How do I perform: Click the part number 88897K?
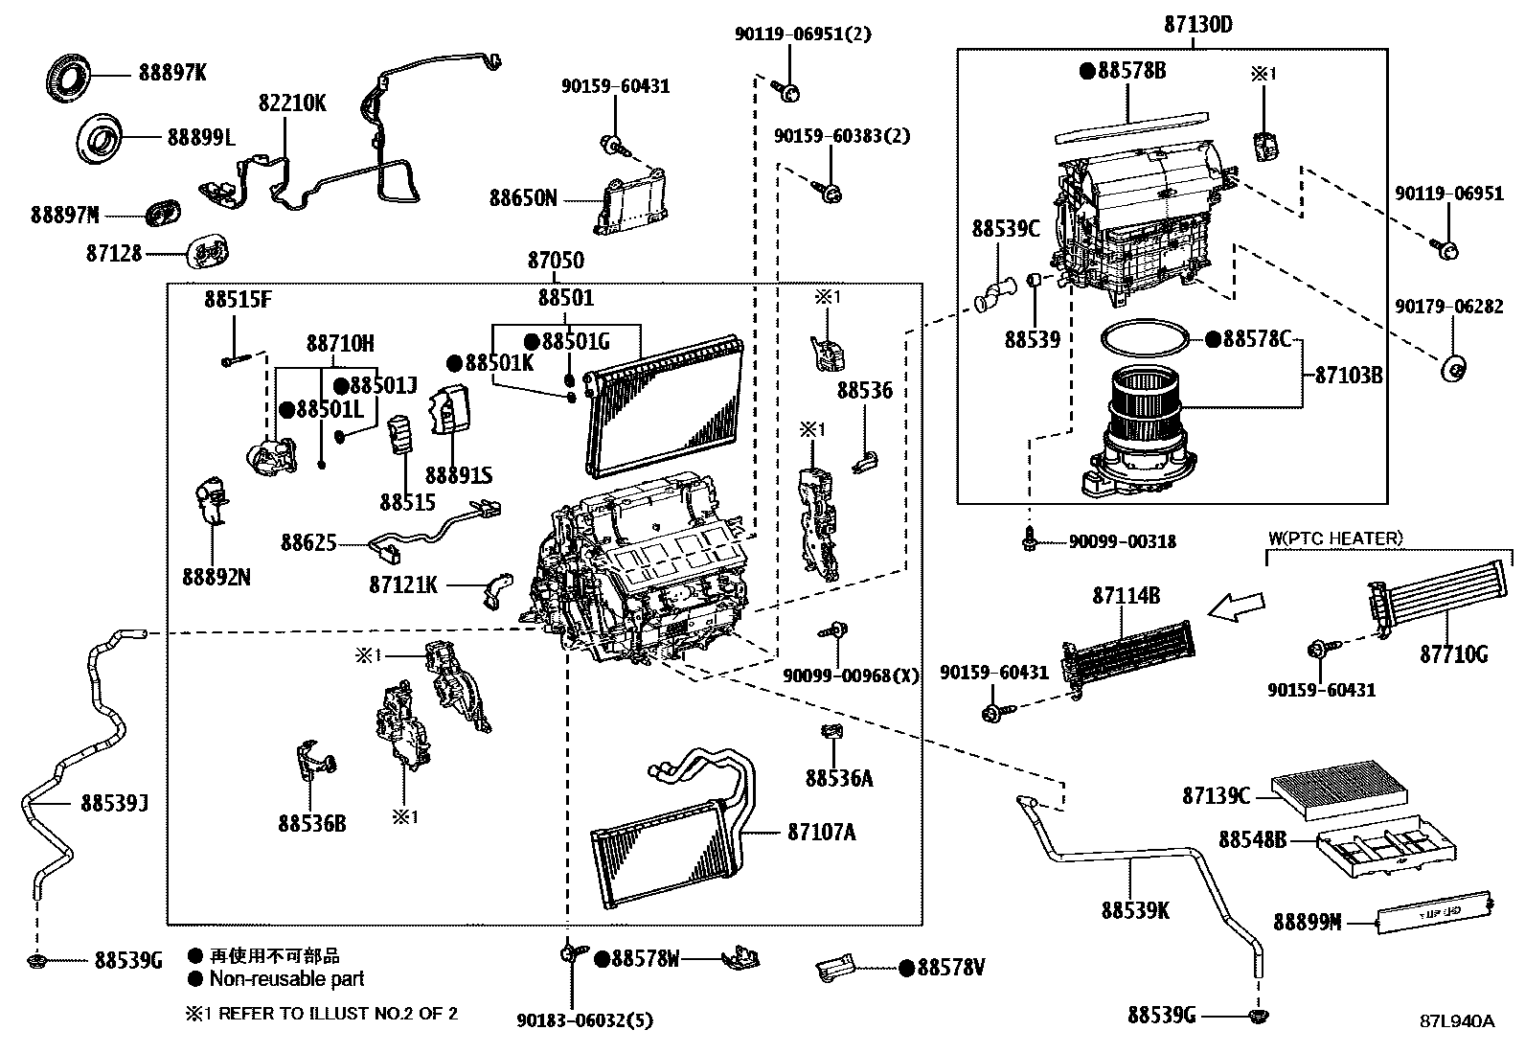172,74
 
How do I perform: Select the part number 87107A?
822,833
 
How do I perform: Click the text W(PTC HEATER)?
1335,538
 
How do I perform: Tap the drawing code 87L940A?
1456,1020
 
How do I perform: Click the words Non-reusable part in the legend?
286,979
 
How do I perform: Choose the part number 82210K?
291,103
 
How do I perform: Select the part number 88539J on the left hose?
114,803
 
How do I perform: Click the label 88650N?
523,198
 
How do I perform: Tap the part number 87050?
556,261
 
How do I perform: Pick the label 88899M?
1307,922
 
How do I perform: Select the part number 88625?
308,543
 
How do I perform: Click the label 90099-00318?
1123,542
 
